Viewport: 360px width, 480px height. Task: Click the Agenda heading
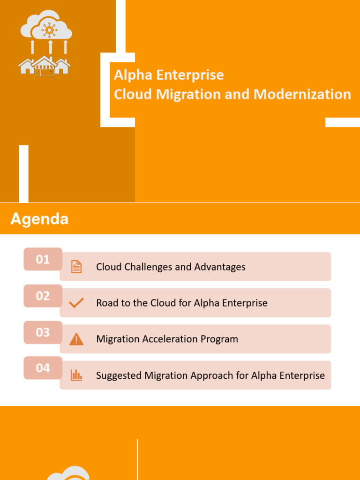[39, 219]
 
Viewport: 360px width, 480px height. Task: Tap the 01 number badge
[43, 259]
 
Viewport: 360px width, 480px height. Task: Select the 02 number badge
[43, 296]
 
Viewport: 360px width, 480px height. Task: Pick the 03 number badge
[43, 332]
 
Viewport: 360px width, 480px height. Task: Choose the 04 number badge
[43, 368]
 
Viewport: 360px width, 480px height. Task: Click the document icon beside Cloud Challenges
[76, 267]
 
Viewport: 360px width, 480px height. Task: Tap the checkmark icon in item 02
[76, 303]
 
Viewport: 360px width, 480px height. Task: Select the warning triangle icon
[76, 339]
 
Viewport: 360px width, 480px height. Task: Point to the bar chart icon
[76, 375]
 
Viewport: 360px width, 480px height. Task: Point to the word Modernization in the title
[302, 94]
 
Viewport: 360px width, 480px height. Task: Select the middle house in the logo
[45, 66]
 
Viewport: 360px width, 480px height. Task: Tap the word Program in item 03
[220, 339]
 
